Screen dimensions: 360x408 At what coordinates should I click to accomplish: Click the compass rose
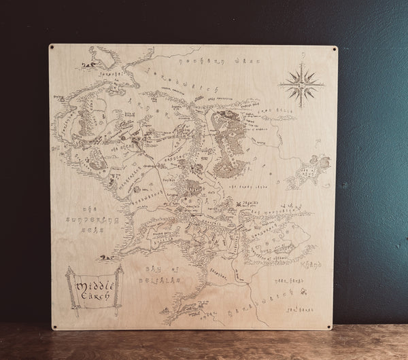301,84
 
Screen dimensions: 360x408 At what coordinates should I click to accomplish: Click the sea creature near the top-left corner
88,66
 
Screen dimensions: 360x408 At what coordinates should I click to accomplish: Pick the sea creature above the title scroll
103,257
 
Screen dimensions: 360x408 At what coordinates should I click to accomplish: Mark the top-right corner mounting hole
335,49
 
